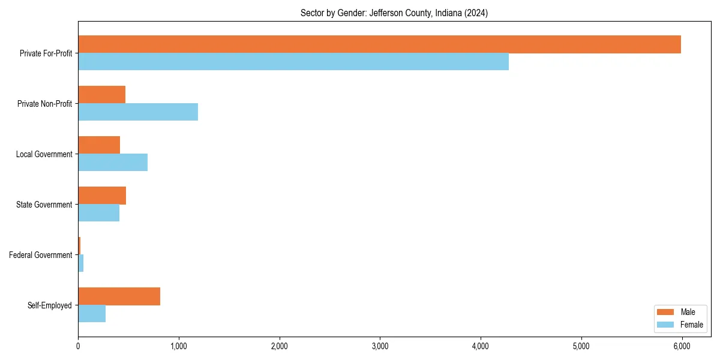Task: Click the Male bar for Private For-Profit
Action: click(379, 44)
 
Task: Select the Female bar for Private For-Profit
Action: click(293, 61)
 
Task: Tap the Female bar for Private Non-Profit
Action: click(138, 112)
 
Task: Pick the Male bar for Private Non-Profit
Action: click(101, 95)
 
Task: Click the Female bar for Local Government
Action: click(113, 162)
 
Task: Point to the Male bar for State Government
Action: click(102, 196)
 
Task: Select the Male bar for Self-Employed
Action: click(119, 296)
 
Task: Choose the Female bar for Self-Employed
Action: click(92, 313)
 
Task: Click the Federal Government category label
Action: click(41, 255)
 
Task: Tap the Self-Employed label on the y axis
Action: click(50, 305)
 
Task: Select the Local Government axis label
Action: click(44, 154)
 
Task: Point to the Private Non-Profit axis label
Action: click(45, 104)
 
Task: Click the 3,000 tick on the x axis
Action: click(380, 346)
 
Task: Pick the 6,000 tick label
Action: click(682, 346)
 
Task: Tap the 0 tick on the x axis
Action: click(78, 346)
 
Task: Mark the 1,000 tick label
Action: click(179, 346)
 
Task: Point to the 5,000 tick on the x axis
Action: click(581, 346)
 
